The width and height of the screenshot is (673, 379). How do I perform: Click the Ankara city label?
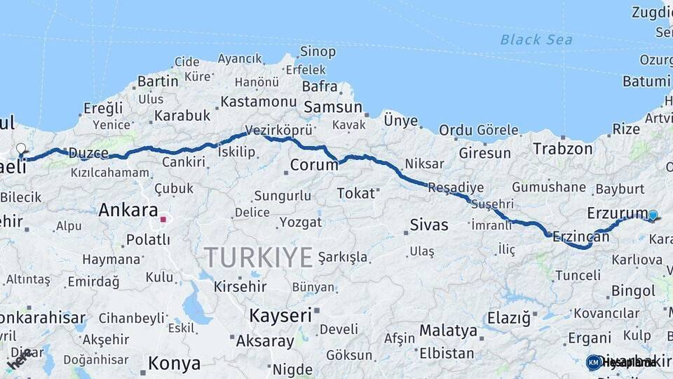(128, 210)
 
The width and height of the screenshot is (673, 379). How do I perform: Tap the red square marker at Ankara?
(163, 219)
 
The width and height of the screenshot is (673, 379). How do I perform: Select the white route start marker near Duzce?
(21, 149)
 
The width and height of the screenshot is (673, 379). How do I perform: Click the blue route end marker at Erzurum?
(653, 215)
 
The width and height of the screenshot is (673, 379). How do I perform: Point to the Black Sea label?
(536, 39)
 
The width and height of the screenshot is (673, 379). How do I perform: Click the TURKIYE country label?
(259, 258)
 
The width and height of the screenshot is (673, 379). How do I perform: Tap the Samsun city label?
(332, 107)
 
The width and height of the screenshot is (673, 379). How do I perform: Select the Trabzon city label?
(562, 149)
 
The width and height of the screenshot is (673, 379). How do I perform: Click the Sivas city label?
(428, 225)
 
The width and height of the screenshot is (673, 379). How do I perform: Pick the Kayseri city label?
(280, 315)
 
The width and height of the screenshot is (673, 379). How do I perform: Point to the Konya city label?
(173, 364)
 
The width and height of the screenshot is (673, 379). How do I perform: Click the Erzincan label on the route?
(580, 237)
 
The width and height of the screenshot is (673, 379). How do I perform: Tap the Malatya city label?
(448, 330)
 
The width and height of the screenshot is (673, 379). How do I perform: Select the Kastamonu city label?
(259, 102)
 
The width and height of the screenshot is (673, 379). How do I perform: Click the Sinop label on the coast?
(318, 51)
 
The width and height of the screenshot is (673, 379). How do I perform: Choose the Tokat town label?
(355, 193)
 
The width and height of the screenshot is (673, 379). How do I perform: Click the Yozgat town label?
(300, 222)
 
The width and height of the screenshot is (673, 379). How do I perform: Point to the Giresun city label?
(484, 152)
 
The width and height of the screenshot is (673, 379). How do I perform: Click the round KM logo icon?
(594, 362)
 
